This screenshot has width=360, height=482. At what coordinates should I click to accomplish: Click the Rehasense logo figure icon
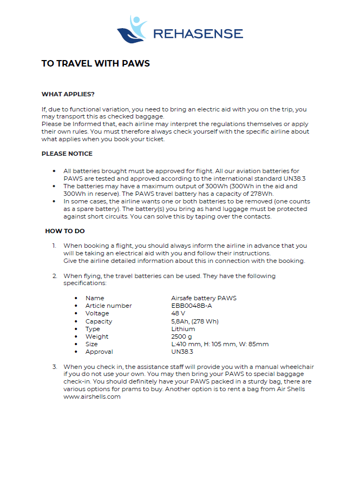click(132, 30)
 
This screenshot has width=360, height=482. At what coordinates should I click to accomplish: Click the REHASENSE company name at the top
click(198, 34)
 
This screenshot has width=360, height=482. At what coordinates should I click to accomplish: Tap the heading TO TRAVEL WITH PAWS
click(95, 63)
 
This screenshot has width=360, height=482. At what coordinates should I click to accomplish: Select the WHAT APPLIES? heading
click(68, 94)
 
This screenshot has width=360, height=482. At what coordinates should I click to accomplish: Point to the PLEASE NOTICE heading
click(67, 154)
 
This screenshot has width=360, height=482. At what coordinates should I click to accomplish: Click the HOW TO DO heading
click(65, 231)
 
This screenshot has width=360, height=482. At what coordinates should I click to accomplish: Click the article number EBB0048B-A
click(191, 306)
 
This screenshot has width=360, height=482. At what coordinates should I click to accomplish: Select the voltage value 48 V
click(178, 313)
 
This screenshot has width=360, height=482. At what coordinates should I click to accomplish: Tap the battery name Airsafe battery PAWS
click(204, 298)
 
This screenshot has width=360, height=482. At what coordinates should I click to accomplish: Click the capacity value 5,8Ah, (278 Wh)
click(195, 321)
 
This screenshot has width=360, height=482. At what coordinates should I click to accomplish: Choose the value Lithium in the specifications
click(183, 329)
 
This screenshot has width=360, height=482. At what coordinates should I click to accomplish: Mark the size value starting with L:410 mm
click(219, 344)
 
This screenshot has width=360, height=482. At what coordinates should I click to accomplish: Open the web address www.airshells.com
click(91, 397)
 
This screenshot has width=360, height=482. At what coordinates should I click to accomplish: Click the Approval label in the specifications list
click(99, 352)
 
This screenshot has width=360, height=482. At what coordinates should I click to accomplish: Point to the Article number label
click(108, 306)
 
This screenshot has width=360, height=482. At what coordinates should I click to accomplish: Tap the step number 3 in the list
click(55, 367)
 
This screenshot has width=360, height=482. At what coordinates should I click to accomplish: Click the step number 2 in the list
click(55, 276)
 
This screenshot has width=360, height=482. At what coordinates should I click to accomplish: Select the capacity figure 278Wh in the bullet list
click(263, 194)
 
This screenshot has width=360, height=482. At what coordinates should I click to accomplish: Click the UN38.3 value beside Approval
click(182, 352)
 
